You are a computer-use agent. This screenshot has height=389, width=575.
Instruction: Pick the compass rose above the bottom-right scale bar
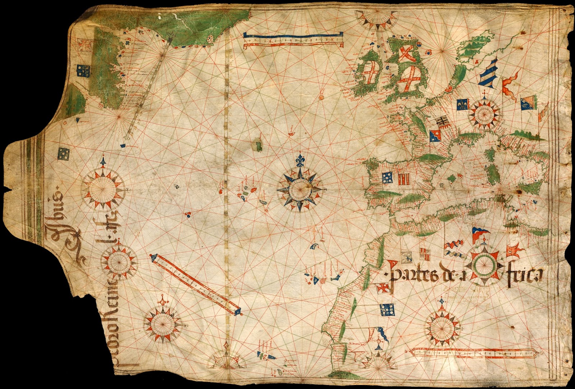click(x=441, y=327)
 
